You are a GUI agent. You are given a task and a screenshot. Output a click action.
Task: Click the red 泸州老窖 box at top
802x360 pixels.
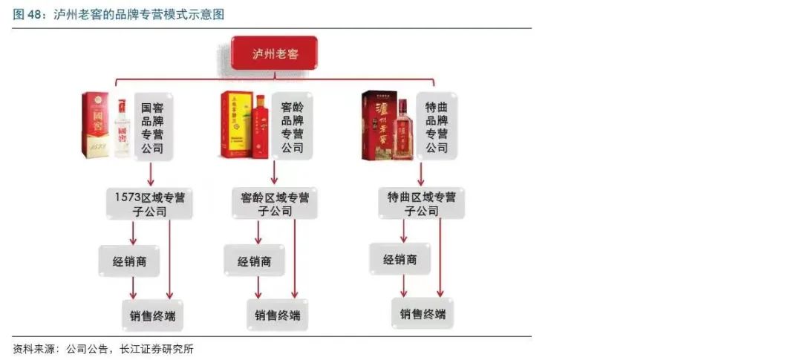273,53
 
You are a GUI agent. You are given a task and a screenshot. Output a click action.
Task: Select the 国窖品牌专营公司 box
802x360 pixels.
154,127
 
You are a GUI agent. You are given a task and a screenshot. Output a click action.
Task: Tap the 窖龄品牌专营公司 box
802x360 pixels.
292,127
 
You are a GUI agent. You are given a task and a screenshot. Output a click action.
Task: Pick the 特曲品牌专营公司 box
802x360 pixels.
436,127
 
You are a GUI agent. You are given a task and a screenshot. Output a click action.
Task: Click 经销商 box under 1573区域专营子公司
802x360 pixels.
128,261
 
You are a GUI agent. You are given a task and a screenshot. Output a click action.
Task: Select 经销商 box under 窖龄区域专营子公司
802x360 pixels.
254,261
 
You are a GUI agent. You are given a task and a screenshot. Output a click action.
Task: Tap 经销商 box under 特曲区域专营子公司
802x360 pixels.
400,260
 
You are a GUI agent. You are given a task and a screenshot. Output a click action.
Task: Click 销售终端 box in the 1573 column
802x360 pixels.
153,315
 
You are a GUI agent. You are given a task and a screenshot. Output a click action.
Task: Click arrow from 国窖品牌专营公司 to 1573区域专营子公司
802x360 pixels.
151,172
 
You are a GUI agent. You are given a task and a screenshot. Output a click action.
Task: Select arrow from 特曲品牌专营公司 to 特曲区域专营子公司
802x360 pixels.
421,172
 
